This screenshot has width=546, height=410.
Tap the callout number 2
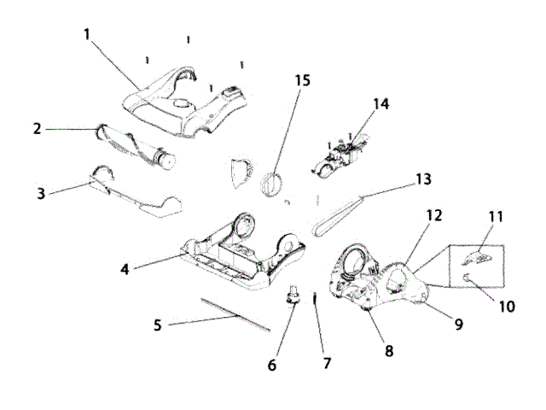38,129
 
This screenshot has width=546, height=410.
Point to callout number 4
125,268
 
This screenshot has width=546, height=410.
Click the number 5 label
157,325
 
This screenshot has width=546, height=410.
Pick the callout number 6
273,365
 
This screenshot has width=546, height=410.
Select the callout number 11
496,218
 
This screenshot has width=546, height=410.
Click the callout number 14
380,103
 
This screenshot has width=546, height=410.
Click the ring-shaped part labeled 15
273,183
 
